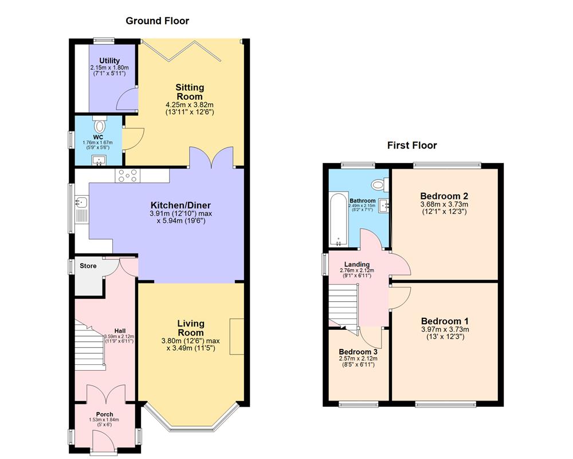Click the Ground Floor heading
click(157, 21)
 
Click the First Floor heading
click(411, 146)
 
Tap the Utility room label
click(109, 61)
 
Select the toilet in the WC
click(100, 126)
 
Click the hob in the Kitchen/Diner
click(127, 175)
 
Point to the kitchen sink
click(81, 202)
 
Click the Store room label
click(88, 266)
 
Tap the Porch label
click(104, 414)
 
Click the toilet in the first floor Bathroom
click(378, 185)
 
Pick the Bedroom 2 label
click(444, 195)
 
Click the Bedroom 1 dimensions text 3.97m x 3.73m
click(445, 329)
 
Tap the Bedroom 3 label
click(356, 352)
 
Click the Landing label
click(356, 264)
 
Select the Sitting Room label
click(189, 92)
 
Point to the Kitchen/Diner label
click(180, 205)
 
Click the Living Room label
click(190, 328)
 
